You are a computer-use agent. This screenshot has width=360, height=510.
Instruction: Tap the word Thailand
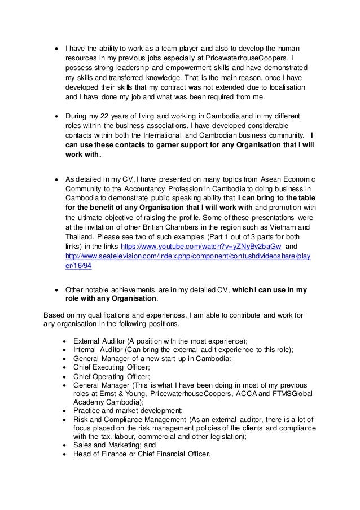[82, 236]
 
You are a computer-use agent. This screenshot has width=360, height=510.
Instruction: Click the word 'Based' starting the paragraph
[55, 315]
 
